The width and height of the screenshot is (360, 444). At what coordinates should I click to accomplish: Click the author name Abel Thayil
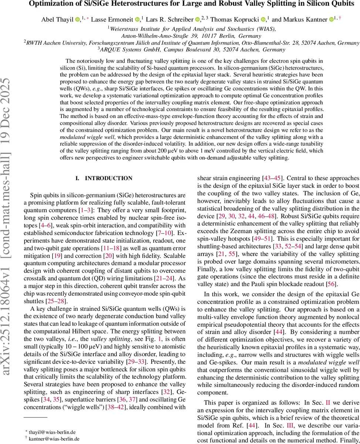[x=56, y=19]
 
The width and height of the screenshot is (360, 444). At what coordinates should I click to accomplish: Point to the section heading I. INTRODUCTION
[x=104, y=178]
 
